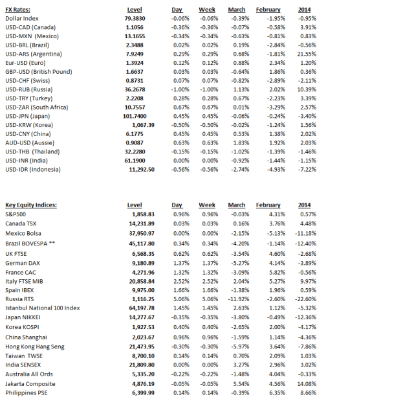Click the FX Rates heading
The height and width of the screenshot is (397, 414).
pos(17,10)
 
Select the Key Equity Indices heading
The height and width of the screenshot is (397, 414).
pos(31,205)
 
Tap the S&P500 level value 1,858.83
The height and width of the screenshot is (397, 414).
pos(142,213)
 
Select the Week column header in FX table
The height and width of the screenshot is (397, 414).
pos(207,10)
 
